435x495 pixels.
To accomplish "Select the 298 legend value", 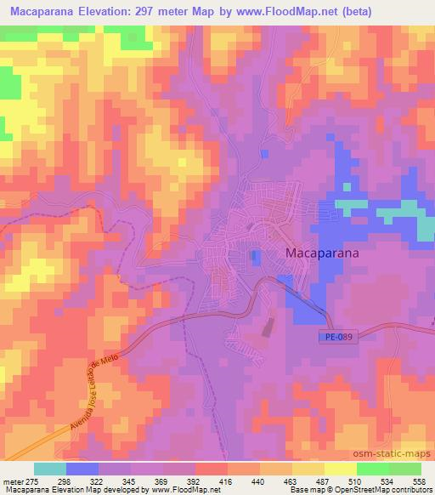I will [67, 481].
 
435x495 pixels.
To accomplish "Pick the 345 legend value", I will [132, 481].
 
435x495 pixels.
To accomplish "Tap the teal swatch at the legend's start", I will [50, 469].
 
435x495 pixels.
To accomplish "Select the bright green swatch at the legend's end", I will [404, 469].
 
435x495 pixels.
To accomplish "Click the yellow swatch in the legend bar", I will [340, 469].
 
